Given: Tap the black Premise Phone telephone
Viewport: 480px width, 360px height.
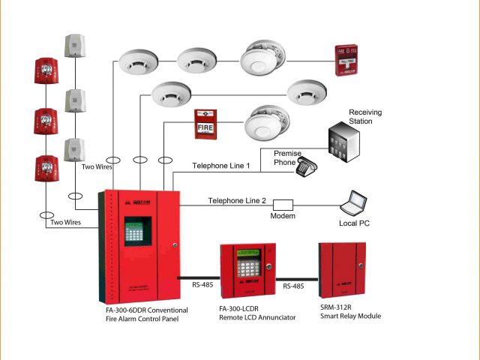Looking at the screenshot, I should (305, 167).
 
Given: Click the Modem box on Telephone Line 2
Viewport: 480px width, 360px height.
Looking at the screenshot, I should (283, 203).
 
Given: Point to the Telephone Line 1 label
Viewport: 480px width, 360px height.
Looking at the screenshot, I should (220, 166).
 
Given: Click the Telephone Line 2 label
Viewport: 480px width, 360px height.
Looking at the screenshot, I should (237, 200).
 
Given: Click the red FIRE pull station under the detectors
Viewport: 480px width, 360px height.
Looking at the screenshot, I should (205, 124).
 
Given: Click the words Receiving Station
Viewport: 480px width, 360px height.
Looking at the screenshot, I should (365, 117).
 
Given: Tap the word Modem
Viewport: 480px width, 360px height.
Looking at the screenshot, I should (283, 216).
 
